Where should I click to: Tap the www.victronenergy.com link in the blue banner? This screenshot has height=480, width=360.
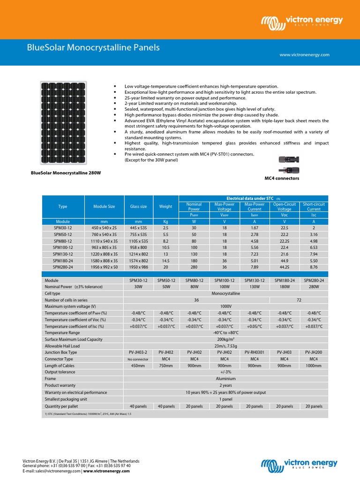click(304, 55)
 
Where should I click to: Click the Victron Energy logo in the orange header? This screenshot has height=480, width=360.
click(302, 22)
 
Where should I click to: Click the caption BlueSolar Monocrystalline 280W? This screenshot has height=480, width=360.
click(66, 173)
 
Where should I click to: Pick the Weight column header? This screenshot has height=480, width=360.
click(166, 206)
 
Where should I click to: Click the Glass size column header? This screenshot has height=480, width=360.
click(138, 206)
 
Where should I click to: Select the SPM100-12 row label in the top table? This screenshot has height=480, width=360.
click(63, 247)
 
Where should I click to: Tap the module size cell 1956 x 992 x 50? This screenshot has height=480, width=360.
click(105, 266)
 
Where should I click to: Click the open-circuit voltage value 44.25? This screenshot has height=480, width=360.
click(284, 266)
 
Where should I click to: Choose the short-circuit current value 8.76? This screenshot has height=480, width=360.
click(314, 266)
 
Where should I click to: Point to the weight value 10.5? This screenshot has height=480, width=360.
click(166, 247)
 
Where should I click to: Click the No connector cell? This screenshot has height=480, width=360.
click(137, 359)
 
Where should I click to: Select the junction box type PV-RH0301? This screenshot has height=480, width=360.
click(255, 352)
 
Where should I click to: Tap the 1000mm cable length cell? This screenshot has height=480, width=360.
click(314, 366)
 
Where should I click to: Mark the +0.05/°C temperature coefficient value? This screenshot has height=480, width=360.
click(255, 326)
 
